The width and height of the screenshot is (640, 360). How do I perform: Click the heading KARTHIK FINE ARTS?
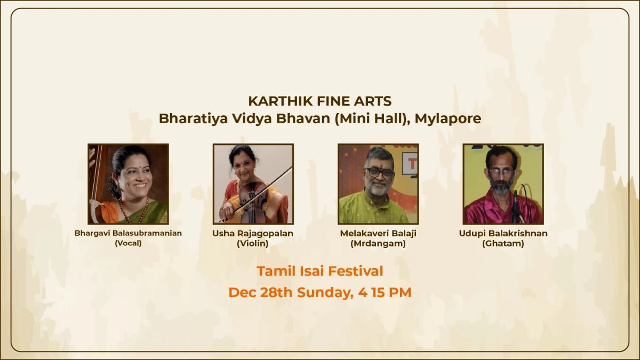pos(320,101)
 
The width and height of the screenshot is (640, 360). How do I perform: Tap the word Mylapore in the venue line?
pos(447,118)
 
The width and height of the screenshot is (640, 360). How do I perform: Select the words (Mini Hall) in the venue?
pos(368,118)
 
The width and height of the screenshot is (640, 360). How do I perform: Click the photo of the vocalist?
pos(129,184)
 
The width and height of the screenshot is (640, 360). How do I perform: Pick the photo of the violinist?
pos(253,184)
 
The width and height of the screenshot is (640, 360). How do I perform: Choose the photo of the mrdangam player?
pos(378,184)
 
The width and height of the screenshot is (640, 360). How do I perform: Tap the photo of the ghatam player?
pos(503,184)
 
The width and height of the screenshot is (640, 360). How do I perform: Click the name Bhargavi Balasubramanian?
pos(128,234)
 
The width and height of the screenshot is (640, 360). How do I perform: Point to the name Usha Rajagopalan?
pos(253,234)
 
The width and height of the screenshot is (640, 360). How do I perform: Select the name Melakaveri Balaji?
pos(378,234)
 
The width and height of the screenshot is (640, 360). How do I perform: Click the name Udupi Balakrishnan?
pos(503,234)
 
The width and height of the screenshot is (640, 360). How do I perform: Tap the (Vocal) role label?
pos(128,244)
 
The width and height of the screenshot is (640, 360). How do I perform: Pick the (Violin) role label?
pos(253,244)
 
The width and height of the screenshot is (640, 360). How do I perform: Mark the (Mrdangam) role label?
pos(378,244)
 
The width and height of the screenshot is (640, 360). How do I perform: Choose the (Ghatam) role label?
pos(503,244)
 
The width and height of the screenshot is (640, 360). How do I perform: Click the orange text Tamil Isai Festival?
pos(320,271)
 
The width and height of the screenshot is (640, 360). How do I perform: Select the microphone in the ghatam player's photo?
pos(516,205)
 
